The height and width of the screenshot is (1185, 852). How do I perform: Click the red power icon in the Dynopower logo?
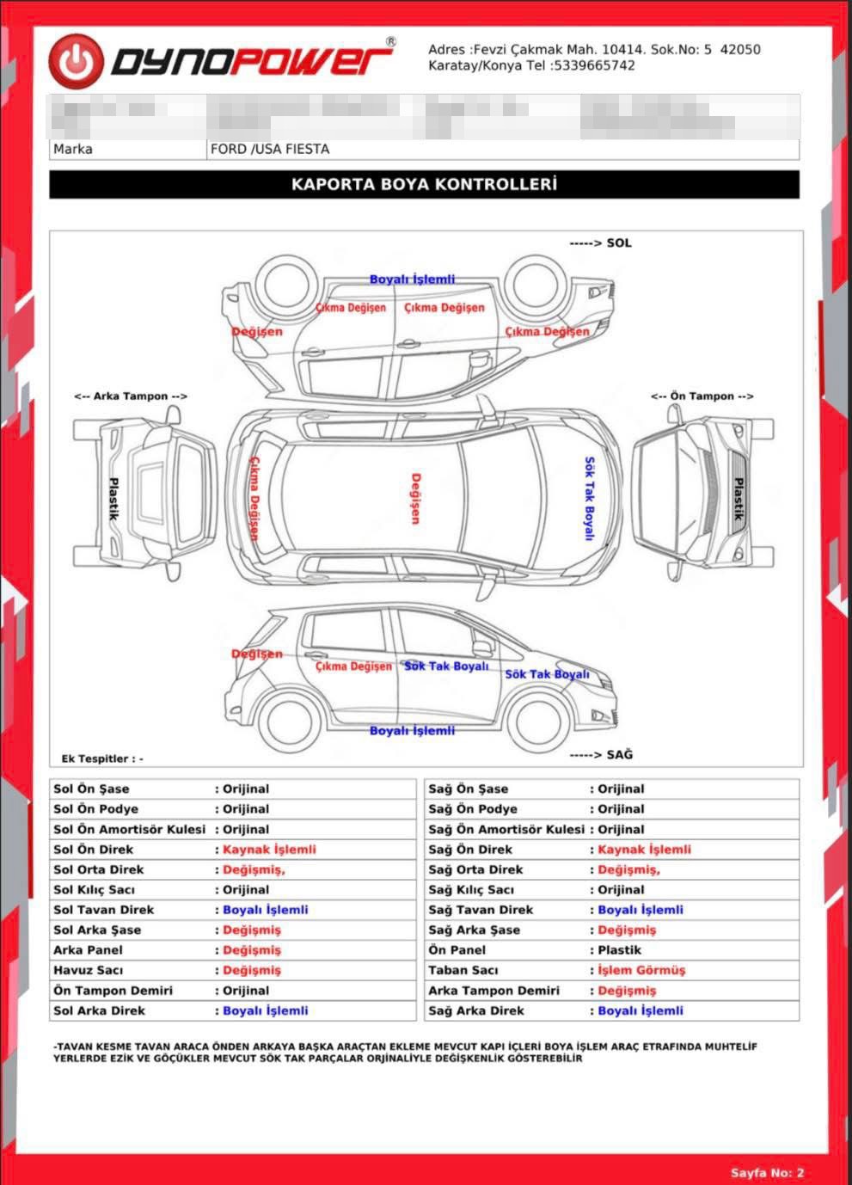76,61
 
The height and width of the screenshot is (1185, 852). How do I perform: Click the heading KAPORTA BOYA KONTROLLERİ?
424,184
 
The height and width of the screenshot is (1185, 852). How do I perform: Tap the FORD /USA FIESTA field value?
270,149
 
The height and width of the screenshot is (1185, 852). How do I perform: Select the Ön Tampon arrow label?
702,396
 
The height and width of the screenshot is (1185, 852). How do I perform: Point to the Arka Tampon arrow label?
131,396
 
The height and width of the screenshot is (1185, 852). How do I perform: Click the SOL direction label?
600,243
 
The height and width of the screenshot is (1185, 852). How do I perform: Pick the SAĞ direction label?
601,754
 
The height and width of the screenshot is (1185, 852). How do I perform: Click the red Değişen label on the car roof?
415,498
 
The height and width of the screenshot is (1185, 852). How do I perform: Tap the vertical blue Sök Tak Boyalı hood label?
589,499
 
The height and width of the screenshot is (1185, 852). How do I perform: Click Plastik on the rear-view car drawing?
113,499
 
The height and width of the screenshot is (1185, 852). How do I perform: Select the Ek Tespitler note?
102,758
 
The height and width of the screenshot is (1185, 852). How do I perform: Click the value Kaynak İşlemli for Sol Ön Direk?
269,850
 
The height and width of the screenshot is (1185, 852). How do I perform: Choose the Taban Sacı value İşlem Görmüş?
641,970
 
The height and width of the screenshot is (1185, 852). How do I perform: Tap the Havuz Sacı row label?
88,970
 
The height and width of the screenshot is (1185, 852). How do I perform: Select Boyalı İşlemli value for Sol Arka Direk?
265,1011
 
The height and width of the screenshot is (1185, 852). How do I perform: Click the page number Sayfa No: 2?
767,1172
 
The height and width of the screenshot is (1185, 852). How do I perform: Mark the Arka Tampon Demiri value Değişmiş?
627,991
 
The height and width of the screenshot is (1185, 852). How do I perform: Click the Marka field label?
73,149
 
